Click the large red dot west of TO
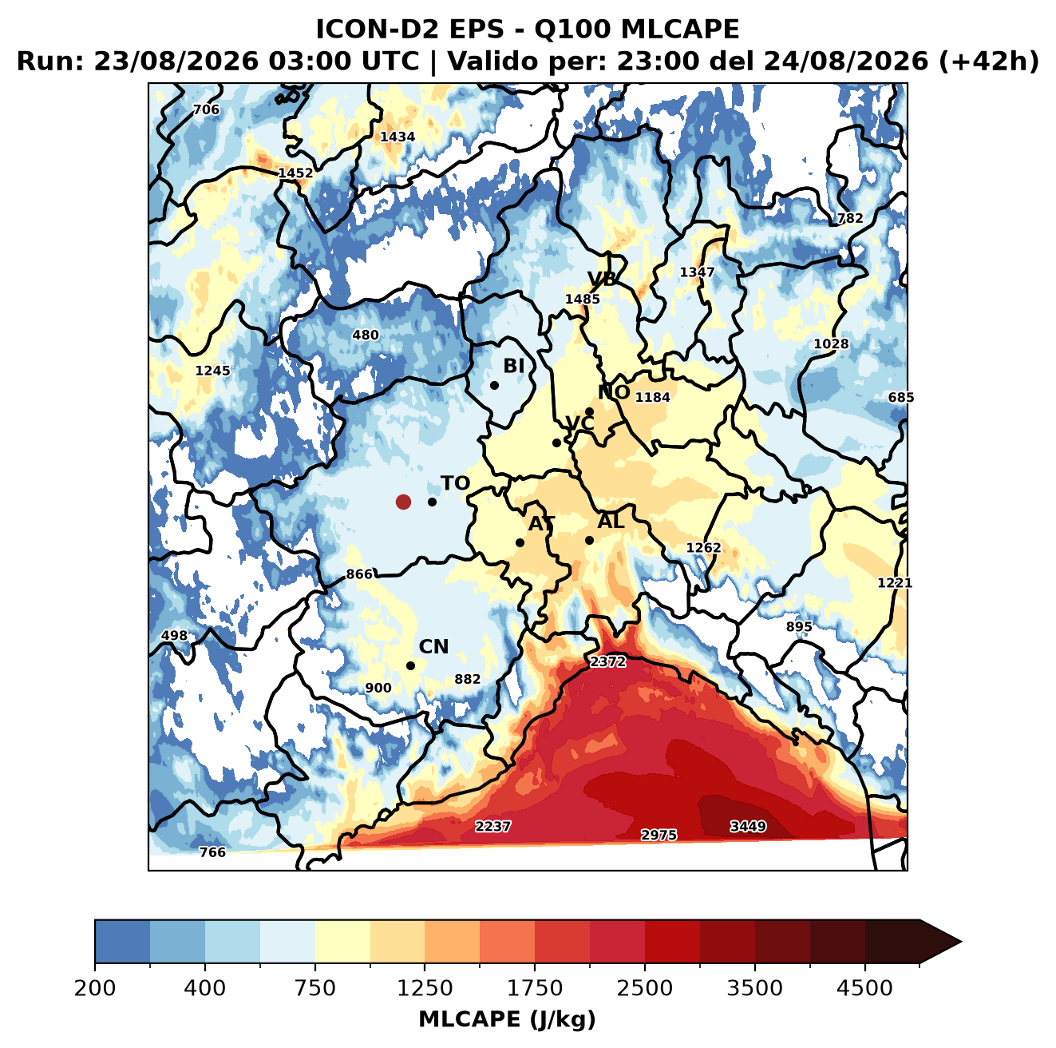pos(403,502)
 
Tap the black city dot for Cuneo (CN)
pos(410,665)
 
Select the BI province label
pos(513,366)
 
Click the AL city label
pos(611,521)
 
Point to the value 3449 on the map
pos(747,826)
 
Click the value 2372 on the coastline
pos(607,662)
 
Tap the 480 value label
pos(365,335)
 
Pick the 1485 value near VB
pos(582,299)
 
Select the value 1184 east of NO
pos(652,397)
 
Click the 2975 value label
pos(659,835)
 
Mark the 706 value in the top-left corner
pos(206,109)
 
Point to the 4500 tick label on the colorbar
pos(864,987)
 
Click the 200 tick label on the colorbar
pos(95,987)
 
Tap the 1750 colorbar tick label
pos(534,987)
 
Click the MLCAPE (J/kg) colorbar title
pos(507,1019)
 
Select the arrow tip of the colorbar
pos(961,942)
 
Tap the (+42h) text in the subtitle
pos(989,62)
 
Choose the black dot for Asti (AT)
pos(520,542)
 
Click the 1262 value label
pos(704,547)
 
